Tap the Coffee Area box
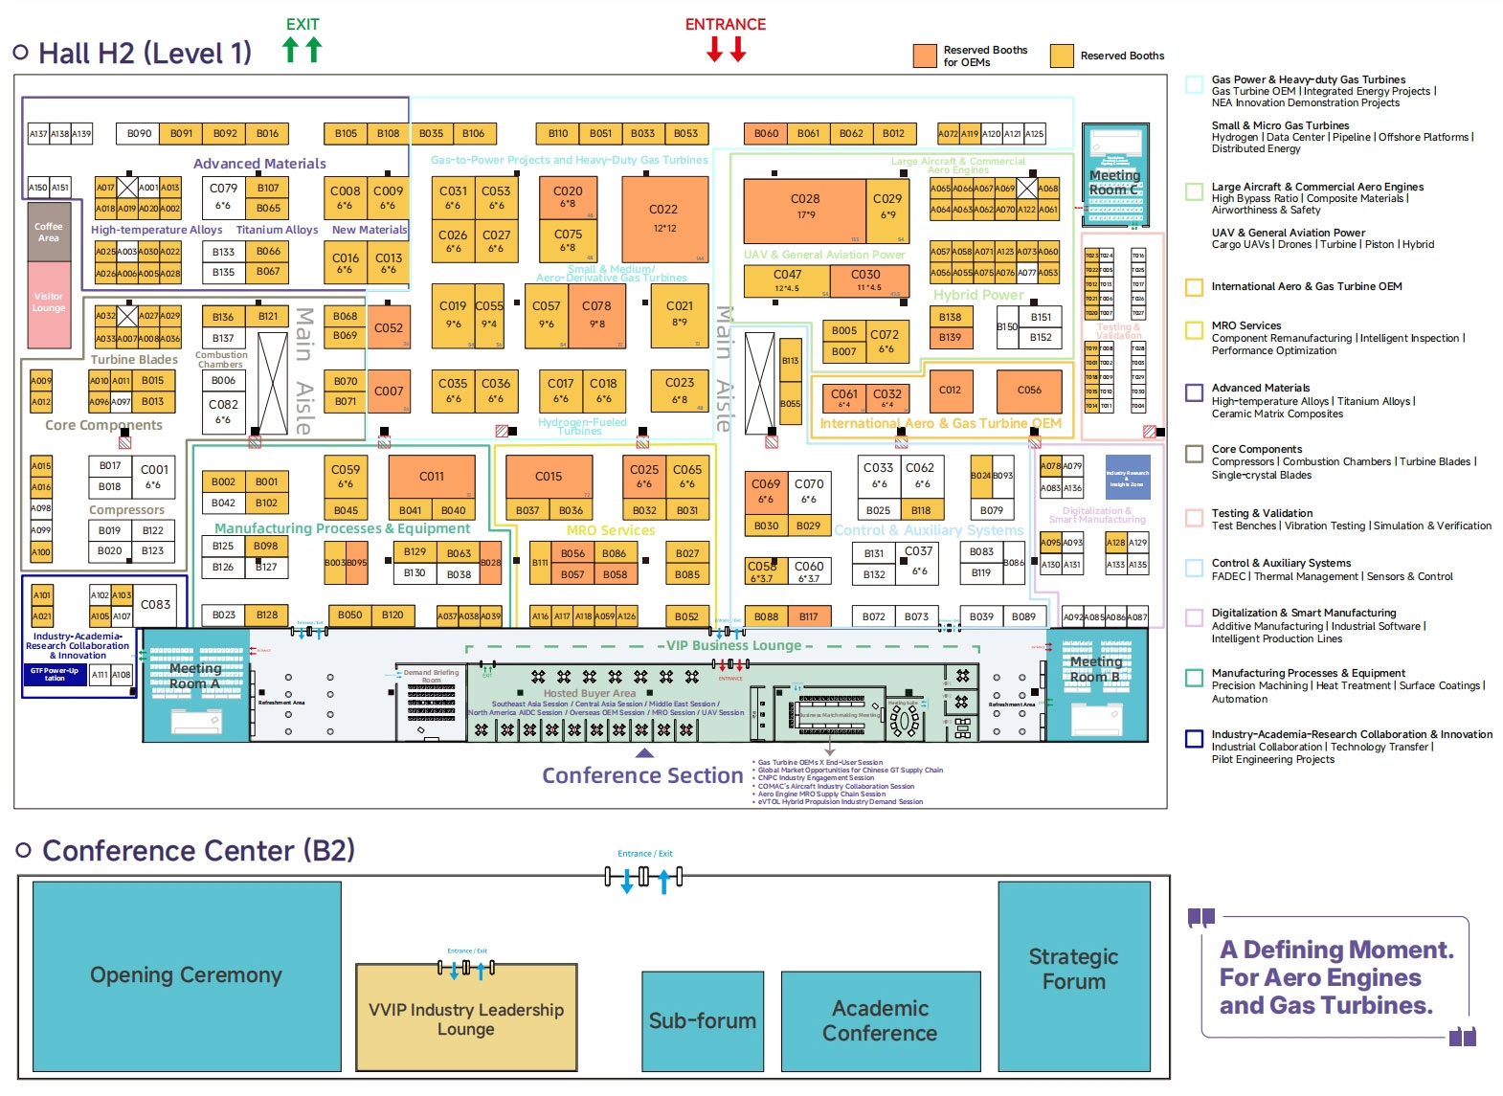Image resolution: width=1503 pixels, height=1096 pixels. [x=49, y=232]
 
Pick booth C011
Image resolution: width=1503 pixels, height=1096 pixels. [x=432, y=477]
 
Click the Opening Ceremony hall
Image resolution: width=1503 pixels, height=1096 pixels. [x=187, y=975]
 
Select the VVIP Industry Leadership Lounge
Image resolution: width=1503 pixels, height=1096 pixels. [x=466, y=1018]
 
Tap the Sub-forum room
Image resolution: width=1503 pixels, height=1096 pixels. [x=702, y=1021]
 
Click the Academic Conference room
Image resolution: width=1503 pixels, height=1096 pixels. [x=880, y=1021]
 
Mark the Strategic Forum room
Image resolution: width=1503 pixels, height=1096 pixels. [x=1072, y=969]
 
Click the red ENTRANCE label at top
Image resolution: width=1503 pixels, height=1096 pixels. [x=725, y=25]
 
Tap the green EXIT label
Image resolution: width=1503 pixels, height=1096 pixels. [x=303, y=25]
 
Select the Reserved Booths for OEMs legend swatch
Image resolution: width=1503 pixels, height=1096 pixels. [x=924, y=56]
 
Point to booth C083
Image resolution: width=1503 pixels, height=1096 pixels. [x=155, y=605]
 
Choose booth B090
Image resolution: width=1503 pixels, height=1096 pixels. [x=139, y=134]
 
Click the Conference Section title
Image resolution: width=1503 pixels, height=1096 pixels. [x=641, y=775]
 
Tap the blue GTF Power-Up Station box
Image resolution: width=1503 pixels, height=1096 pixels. [x=55, y=675]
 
